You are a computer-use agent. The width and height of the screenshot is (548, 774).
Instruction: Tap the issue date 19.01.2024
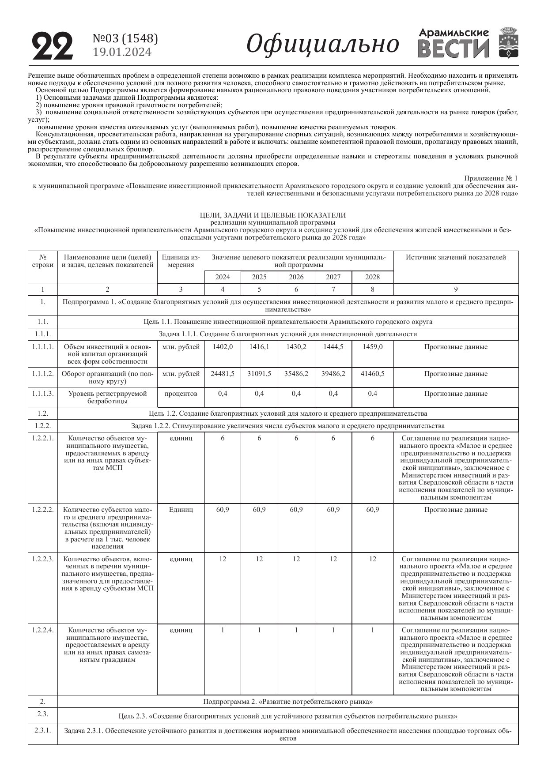coord(122,52)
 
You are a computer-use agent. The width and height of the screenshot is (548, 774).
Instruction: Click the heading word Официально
coord(322,44)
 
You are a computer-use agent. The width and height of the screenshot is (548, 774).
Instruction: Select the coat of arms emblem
coord(508,42)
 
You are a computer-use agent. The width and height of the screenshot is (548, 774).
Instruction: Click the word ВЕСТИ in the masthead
coord(454,49)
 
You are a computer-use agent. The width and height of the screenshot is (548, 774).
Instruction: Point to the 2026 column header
coord(296,277)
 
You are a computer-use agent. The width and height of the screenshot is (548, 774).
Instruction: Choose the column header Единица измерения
coord(181,261)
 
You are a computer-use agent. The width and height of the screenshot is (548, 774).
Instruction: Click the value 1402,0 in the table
coord(223,347)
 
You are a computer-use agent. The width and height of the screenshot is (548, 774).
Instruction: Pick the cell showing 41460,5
coord(372,374)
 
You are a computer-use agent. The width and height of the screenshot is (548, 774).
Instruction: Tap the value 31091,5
coord(259,374)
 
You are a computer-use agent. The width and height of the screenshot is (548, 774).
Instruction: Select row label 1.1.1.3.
coord(43,394)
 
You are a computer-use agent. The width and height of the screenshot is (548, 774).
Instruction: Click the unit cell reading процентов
coord(181,394)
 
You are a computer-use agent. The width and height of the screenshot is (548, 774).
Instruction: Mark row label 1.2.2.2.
coord(43,510)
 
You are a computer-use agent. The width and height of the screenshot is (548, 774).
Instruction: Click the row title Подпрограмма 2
coord(288,702)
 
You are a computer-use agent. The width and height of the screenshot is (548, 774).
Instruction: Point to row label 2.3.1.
coord(43,730)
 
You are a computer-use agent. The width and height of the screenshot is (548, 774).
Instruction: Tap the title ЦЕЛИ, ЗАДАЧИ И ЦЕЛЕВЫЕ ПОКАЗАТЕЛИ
coord(273,215)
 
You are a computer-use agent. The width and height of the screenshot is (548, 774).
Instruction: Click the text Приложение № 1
coord(490,178)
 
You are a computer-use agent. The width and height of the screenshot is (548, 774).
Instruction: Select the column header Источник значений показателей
coord(456,257)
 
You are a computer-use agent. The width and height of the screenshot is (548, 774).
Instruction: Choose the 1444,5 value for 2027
coord(333,347)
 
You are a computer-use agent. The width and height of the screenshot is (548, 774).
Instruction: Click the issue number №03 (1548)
coord(125,39)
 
